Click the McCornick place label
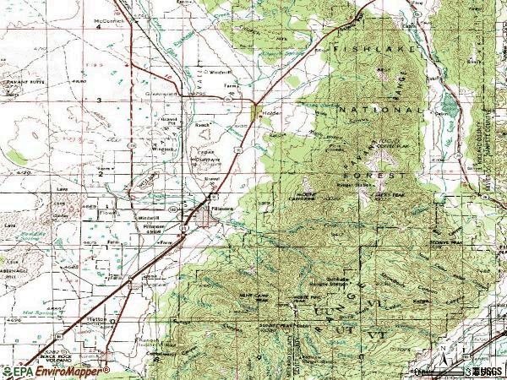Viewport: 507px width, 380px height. coord(109,19)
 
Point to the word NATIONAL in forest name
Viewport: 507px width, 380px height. coord(379,110)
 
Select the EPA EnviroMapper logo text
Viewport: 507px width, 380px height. coord(56,371)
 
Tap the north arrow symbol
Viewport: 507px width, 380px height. coord(442,353)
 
